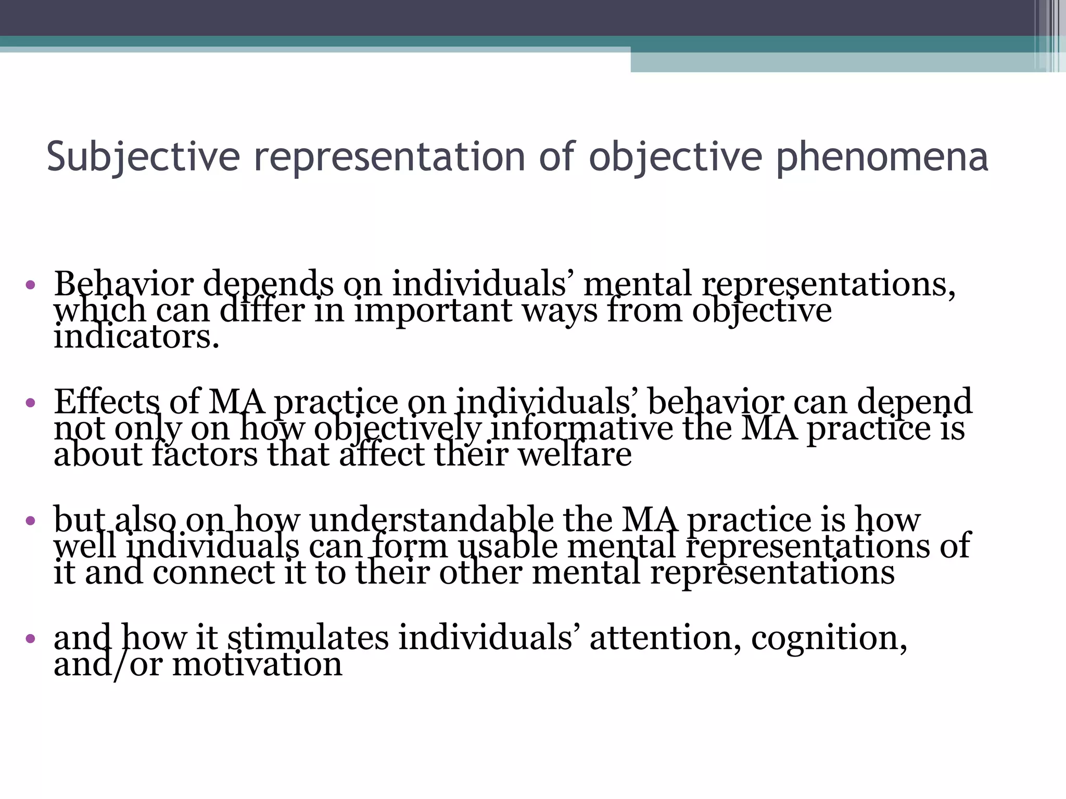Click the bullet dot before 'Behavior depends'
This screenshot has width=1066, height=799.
tap(30, 285)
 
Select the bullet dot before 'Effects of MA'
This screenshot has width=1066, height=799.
tap(30, 402)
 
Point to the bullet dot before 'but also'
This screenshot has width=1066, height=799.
tap(30, 520)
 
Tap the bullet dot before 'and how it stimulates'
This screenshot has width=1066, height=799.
tap(30, 638)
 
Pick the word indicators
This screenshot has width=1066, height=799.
tap(136, 337)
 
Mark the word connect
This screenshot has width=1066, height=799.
tap(214, 573)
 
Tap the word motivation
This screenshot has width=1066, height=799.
tap(257, 664)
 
